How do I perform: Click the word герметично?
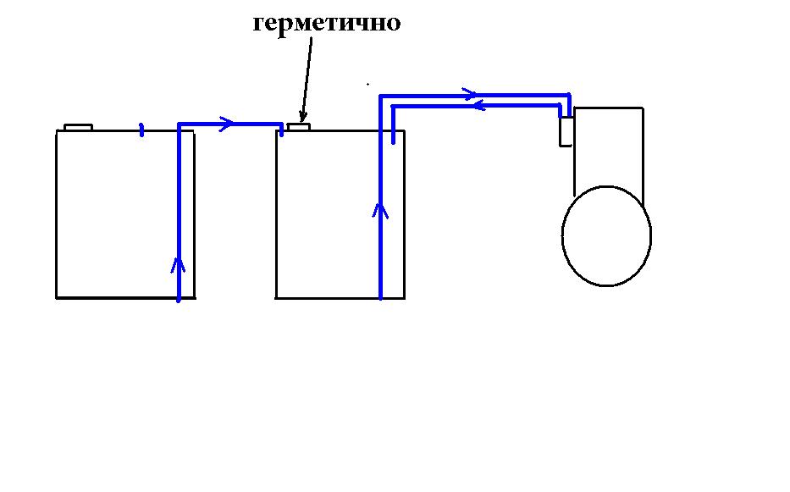coord(326,23)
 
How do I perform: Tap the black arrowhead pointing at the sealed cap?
coord(301,117)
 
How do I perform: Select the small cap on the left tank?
coord(78,128)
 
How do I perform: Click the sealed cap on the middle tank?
coord(299,127)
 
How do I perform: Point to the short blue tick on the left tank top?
coord(141,130)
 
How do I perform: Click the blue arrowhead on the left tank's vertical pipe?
coord(178,265)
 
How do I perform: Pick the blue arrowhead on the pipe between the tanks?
coord(225,124)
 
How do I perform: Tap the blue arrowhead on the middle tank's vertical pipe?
coord(380,209)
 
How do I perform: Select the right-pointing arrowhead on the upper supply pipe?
coord(470,92)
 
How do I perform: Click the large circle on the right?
coord(606,235)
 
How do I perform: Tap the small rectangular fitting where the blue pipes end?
coord(566,131)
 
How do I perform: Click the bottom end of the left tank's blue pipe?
coord(179,298)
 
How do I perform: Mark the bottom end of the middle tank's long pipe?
coord(380,296)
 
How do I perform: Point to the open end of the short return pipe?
coord(394,149)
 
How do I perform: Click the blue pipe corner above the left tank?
coord(180,125)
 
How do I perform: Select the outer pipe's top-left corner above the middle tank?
coord(381,96)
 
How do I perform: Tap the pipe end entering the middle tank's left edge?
coord(281,130)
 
